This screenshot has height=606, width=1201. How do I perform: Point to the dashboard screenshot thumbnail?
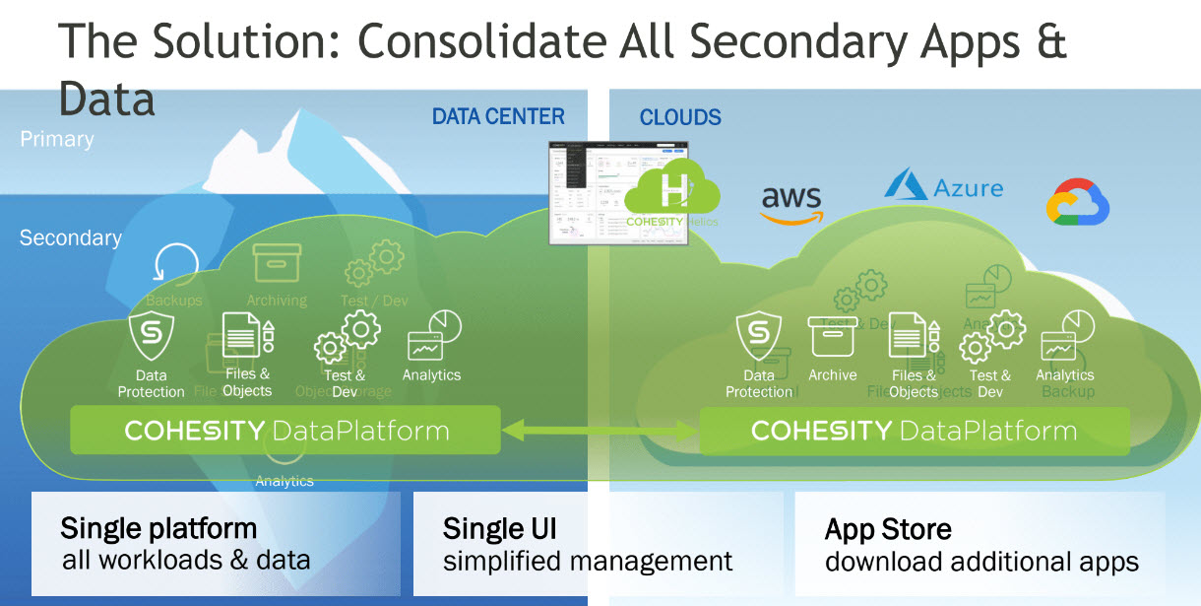click(586, 193)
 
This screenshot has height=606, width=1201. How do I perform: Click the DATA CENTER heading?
click(498, 117)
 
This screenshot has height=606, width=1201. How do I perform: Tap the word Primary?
click(57, 140)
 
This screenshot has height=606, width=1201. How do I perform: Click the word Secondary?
click(71, 238)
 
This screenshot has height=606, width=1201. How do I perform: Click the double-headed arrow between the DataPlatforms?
click(600, 430)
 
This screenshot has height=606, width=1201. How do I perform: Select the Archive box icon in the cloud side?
click(832, 337)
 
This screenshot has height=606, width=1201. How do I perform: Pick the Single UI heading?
click(499, 529)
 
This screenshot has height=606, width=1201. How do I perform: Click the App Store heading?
click(888, 530)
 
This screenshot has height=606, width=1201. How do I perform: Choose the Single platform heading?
click(158, 528)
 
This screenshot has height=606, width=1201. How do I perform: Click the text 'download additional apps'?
click(981, 563)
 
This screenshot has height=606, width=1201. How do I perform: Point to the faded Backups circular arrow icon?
click(175, 264)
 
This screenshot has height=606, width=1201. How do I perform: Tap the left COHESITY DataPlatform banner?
click(285, 431)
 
